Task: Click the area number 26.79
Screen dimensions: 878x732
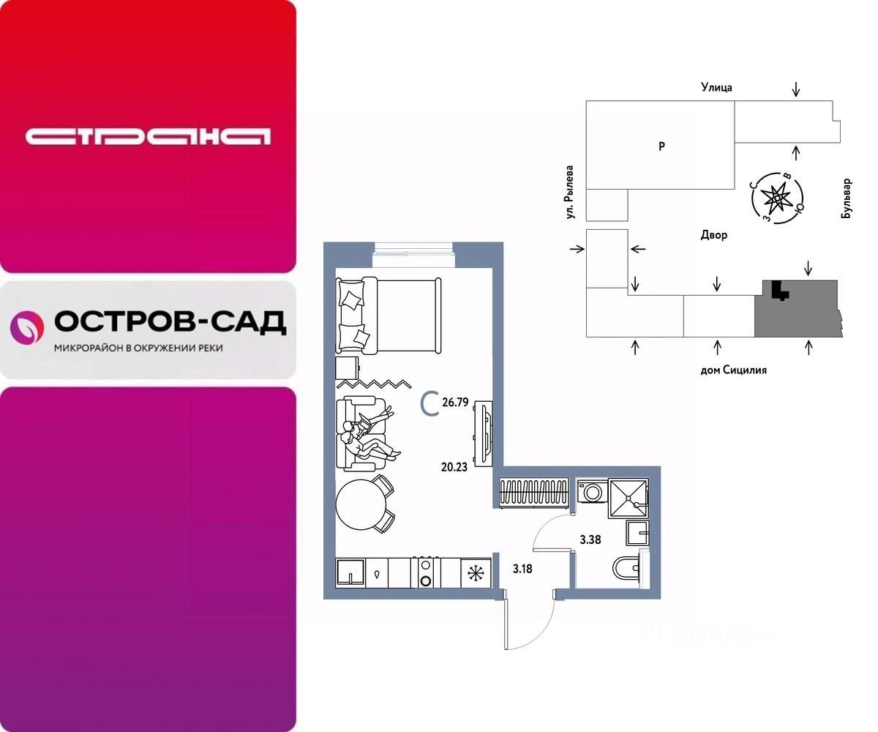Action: pos(455,402)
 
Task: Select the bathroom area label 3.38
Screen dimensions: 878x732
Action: pos(590,540)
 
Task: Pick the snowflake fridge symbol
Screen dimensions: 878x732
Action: pos(476,572)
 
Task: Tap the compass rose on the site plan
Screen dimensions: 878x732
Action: pos(776,197)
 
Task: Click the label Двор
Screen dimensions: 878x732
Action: pos(713,236)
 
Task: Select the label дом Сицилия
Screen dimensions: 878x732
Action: pos(733,370)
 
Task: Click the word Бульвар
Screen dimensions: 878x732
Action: pos(847,198)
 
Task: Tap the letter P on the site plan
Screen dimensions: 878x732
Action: pos(661,146)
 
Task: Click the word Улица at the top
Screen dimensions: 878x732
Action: pos(716,88)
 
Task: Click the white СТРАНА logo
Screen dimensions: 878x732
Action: pos(148,136)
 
